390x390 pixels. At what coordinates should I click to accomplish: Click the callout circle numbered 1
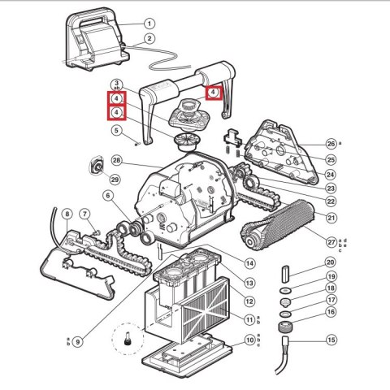[149, 24]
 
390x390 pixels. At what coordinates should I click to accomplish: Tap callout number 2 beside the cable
[149, 38]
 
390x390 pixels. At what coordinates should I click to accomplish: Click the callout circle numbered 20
[331, 262]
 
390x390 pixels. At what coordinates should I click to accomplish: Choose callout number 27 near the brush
[331, 241]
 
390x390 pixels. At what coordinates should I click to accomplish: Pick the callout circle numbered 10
[249, 339]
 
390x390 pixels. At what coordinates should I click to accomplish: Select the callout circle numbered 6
[106, 195]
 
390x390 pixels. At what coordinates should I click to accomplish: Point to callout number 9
[78, 342]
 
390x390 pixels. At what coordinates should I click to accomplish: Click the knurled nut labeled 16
[286, 329]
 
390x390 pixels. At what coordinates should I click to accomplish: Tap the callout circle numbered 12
[249, 301]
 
